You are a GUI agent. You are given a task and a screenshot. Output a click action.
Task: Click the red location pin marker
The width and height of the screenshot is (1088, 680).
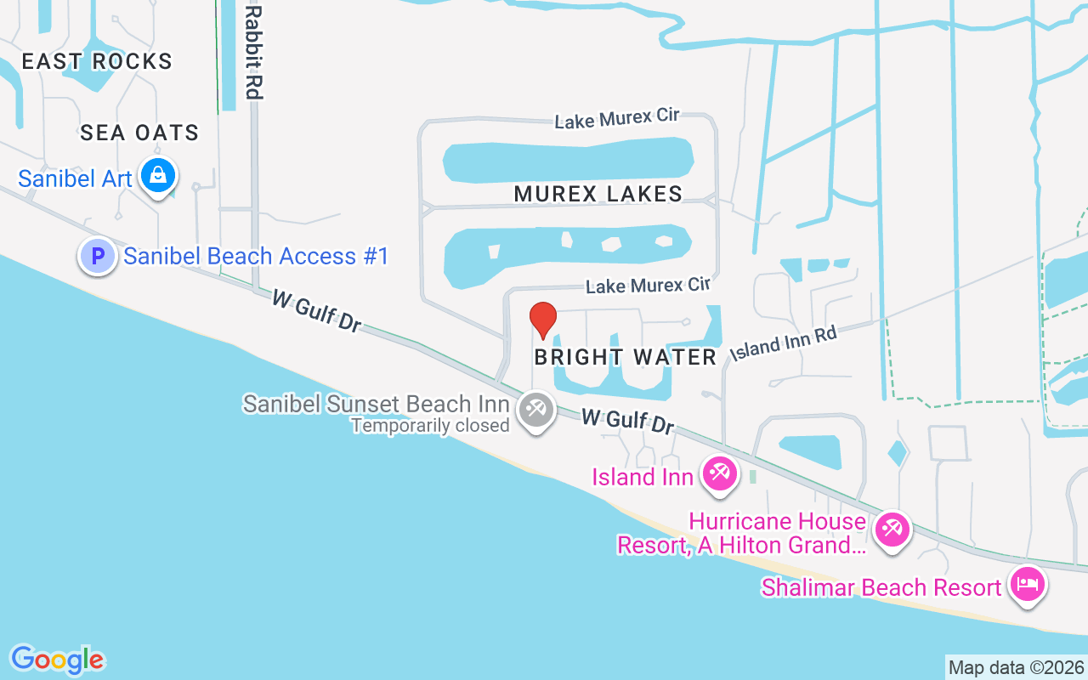point(543,320)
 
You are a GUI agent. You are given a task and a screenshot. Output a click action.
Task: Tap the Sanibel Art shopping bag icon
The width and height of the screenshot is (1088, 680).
point(157,176)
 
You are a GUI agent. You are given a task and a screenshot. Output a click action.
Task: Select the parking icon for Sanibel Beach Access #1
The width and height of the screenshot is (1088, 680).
point(98,255)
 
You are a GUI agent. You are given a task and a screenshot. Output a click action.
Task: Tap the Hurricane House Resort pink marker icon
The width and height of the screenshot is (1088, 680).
point(892,530)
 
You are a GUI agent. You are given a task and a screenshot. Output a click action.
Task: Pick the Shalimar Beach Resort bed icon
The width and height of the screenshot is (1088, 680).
point(1028,585)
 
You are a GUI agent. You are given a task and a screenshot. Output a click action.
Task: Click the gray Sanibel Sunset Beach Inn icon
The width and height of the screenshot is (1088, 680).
point(535,410)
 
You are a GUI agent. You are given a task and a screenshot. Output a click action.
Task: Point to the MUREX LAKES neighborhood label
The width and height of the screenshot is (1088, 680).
point(598,194)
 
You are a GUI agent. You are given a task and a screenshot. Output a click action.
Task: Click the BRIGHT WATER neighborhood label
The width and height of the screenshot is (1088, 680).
point(626,357)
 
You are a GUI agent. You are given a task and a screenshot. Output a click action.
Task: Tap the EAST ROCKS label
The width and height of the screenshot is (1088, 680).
point(97,61)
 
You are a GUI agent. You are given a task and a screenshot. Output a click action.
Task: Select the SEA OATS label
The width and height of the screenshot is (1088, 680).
point(139,133)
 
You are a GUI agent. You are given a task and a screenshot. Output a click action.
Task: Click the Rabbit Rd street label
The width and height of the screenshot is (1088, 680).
point(252,51)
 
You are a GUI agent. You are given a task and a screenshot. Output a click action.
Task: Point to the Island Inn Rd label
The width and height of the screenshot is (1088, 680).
point(784,342)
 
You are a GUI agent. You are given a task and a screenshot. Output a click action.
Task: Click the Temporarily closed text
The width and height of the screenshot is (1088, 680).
point(430,425)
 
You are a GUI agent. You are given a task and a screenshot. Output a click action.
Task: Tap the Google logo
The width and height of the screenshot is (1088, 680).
point(57,659)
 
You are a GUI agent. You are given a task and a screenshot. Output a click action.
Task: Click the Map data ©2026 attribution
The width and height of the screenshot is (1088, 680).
point(1016,667)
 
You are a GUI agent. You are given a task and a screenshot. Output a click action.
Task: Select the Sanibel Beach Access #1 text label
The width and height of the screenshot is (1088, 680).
point(256,256)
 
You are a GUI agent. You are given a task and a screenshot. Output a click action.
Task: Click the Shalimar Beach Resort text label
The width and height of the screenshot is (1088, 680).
point(881,587)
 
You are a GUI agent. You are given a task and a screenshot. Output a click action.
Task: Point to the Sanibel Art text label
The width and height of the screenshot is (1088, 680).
point(75,178)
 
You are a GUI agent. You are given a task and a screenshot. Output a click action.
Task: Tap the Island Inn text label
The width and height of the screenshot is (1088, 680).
point(643,476)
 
